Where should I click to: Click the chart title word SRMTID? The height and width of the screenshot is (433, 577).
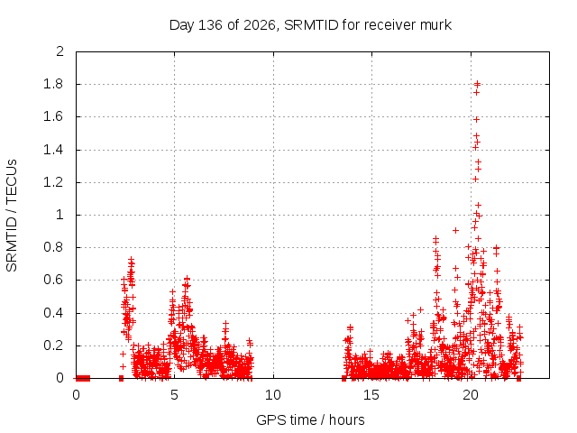(x=311, y=25)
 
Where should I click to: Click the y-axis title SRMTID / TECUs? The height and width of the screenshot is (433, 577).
(x=12, y=216)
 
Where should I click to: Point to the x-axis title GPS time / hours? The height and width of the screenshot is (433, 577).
(x=310, y=419)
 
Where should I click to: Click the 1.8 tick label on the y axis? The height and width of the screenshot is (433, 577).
(x=53, y=84)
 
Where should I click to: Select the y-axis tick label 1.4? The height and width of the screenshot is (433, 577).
(x=53, y=150)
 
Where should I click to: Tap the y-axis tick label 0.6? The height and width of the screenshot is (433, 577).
(x=53, y=280)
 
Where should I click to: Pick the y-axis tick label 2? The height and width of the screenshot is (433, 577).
(x=60, y=51)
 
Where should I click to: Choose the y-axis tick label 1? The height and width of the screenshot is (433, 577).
(x=60, y=215)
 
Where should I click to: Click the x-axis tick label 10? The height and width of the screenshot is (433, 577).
(x=273, y=395)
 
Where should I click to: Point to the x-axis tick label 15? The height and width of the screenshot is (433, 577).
(x=371, y=395)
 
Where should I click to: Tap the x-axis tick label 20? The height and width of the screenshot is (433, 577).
(x=471, y=395)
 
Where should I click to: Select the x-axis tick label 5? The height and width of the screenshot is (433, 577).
(x=174, y=395)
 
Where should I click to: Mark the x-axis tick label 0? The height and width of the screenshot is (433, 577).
(x=76, y=395)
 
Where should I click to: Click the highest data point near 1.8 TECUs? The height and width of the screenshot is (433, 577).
(x=477, y=84)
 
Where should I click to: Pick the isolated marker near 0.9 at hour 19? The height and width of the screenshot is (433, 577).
(x=455, y=231)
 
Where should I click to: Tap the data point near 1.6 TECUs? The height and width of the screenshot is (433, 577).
(x=476, y=119)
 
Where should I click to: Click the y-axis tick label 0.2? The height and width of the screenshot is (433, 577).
(x=53, y=345)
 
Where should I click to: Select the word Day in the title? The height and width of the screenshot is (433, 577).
(x=181, y=25)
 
